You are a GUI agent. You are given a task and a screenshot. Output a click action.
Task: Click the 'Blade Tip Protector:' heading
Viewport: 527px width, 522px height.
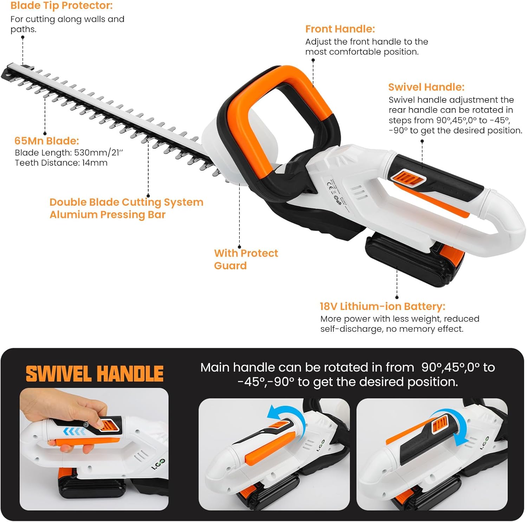click(x=61, y=6)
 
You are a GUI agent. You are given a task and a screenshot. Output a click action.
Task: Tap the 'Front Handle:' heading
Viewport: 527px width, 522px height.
click(x=340, y=29)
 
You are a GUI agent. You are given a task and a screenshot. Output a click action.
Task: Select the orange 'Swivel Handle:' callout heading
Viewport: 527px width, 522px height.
click(x=426, y=87)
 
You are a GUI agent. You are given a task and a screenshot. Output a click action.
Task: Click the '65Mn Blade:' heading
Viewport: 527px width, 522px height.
click(x=46, y=141)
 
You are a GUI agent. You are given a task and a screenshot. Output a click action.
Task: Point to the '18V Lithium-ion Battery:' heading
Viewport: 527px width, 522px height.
click(x=382, y=306)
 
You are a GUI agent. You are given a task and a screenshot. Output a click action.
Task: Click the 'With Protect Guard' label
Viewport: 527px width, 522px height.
click(x=246, y=259)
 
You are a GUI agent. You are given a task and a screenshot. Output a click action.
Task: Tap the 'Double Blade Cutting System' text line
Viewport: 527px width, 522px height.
click(x=126, y=202)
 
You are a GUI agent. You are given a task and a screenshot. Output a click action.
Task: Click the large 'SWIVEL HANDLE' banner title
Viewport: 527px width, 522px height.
click(x=95, y=374)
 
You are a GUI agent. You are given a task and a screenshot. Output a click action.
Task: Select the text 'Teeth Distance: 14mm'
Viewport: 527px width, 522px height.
click(x=61, y=163)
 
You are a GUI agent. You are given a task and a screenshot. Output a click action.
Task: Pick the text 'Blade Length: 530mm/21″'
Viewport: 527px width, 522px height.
click(x=69, y=153)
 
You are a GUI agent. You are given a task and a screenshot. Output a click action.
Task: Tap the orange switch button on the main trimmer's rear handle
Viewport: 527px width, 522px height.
click(x=408, y=178)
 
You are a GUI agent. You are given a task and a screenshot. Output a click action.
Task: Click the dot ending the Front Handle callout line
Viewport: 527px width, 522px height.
click(x=313, y=60)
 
